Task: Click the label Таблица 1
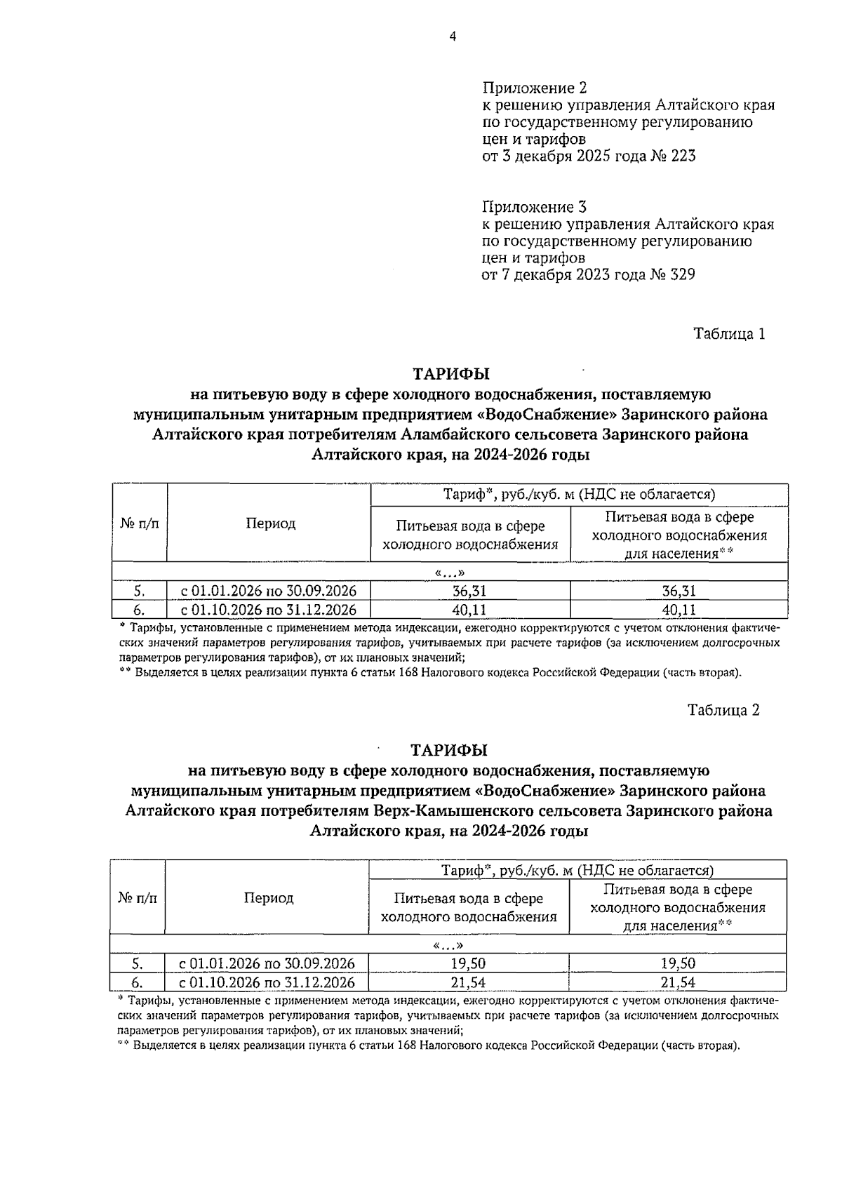pyautogui.click(x=728, y=333)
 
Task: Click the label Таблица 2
pyautogui.click(x=723, y=709)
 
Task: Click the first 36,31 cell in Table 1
pyautogui.click(x=469, y=591)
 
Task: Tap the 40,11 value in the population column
pyautogui.click(x=679, y=610)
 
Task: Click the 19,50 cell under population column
pyautogui.click(x=678, y=963)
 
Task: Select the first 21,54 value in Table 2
pyautogui.click(x=468, y=982)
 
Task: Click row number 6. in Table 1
pyautogui.click(x=138, y=610)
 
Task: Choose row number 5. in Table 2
pyautogui.click(x=137, y=963)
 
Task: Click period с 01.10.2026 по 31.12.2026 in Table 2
pyautogui.click(x=267, y=982)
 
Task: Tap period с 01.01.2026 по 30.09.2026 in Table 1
pyautogui.click(x=268, y=591)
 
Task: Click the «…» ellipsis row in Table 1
pyautogui.click(x=450, y=572)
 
